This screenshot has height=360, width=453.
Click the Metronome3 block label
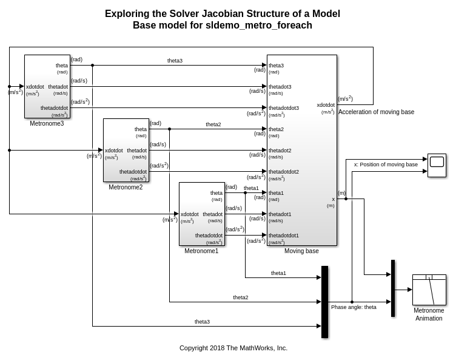47,123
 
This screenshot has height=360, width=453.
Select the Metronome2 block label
126,187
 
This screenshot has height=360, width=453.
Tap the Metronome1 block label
201,251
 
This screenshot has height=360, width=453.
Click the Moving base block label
301,251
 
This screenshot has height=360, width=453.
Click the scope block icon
437,165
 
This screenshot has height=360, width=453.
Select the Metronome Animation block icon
429,290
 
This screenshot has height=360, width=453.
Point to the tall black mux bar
324,302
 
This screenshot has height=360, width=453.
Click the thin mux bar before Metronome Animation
393,288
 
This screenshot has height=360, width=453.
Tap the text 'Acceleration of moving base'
376,112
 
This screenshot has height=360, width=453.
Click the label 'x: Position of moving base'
386,164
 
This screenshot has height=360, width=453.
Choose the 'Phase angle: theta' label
354,307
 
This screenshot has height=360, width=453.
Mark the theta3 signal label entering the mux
202,322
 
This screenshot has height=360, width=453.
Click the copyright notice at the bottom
233,348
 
